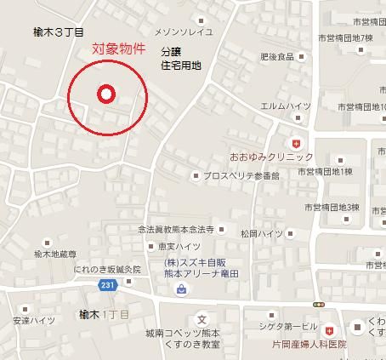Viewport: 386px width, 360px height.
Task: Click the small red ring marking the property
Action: tap(105, 94)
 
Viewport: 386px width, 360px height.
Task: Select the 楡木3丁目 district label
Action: tap(59, 33)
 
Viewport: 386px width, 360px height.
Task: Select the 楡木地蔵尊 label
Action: tap(54, 254)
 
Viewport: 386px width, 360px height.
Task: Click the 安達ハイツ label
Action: tap(34, 321)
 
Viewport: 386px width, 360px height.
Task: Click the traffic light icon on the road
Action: tap(318, 304)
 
